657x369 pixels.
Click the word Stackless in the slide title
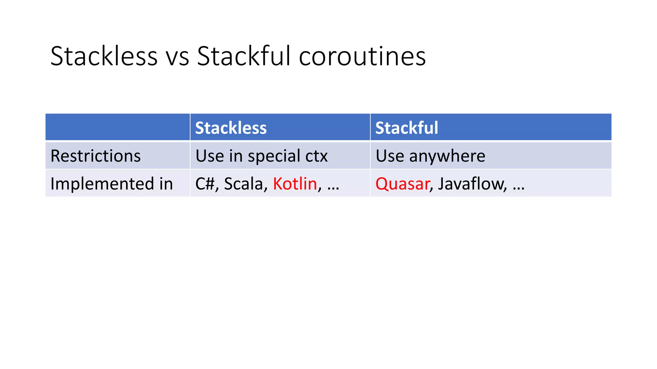point(104,56)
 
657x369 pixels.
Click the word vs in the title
point(177,57)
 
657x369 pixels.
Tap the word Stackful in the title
point(243,56)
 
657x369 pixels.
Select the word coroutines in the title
point(362,57)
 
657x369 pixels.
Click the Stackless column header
point(231,128)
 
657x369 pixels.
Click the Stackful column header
point(406,128)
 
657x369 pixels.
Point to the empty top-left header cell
point(117,127)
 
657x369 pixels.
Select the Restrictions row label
point(95,156)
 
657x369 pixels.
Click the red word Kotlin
point(295,184)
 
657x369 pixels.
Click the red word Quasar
point(402,184)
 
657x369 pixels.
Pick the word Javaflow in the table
point(472,184)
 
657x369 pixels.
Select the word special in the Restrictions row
point(274,156)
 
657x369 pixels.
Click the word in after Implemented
point(166,184)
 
